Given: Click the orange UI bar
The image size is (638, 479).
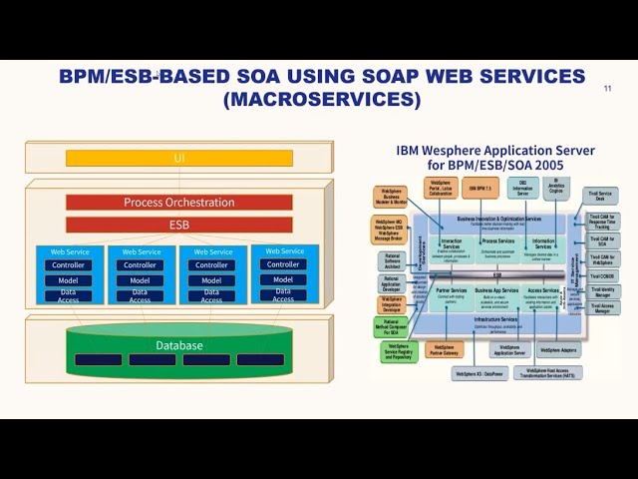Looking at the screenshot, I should click(x=179, y=158).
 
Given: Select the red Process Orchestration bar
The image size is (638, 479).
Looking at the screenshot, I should click(x=179, y=202).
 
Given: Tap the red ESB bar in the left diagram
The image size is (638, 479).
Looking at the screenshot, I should click(x=179, y=225).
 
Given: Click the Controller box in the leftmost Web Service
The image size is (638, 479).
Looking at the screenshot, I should click(x=69, y=265).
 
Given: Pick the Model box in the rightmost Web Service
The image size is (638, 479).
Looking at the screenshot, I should click(x=283, y=279).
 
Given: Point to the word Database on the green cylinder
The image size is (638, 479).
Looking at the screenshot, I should click(x=179, y=345).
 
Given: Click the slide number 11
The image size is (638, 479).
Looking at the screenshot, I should click(x=608, y=89).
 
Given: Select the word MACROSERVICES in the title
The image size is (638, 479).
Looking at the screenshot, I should click(x=322, y=100).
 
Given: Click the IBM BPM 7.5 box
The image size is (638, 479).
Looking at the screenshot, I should click(x=480, y=188).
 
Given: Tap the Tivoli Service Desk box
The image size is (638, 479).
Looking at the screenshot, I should click(x=601, y=196).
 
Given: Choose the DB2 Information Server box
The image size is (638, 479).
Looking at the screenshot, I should click(x=521, y=188).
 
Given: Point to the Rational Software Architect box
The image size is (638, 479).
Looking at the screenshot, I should click(x=392, y=260).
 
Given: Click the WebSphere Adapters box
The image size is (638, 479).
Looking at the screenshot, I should click(x=560, y=350).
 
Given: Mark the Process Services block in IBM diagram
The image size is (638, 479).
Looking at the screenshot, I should click(x=497, y=241).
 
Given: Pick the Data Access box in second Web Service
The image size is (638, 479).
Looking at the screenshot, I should click(x=140, y=296).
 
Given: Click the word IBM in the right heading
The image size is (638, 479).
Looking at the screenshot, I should click(x=410, y=151).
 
